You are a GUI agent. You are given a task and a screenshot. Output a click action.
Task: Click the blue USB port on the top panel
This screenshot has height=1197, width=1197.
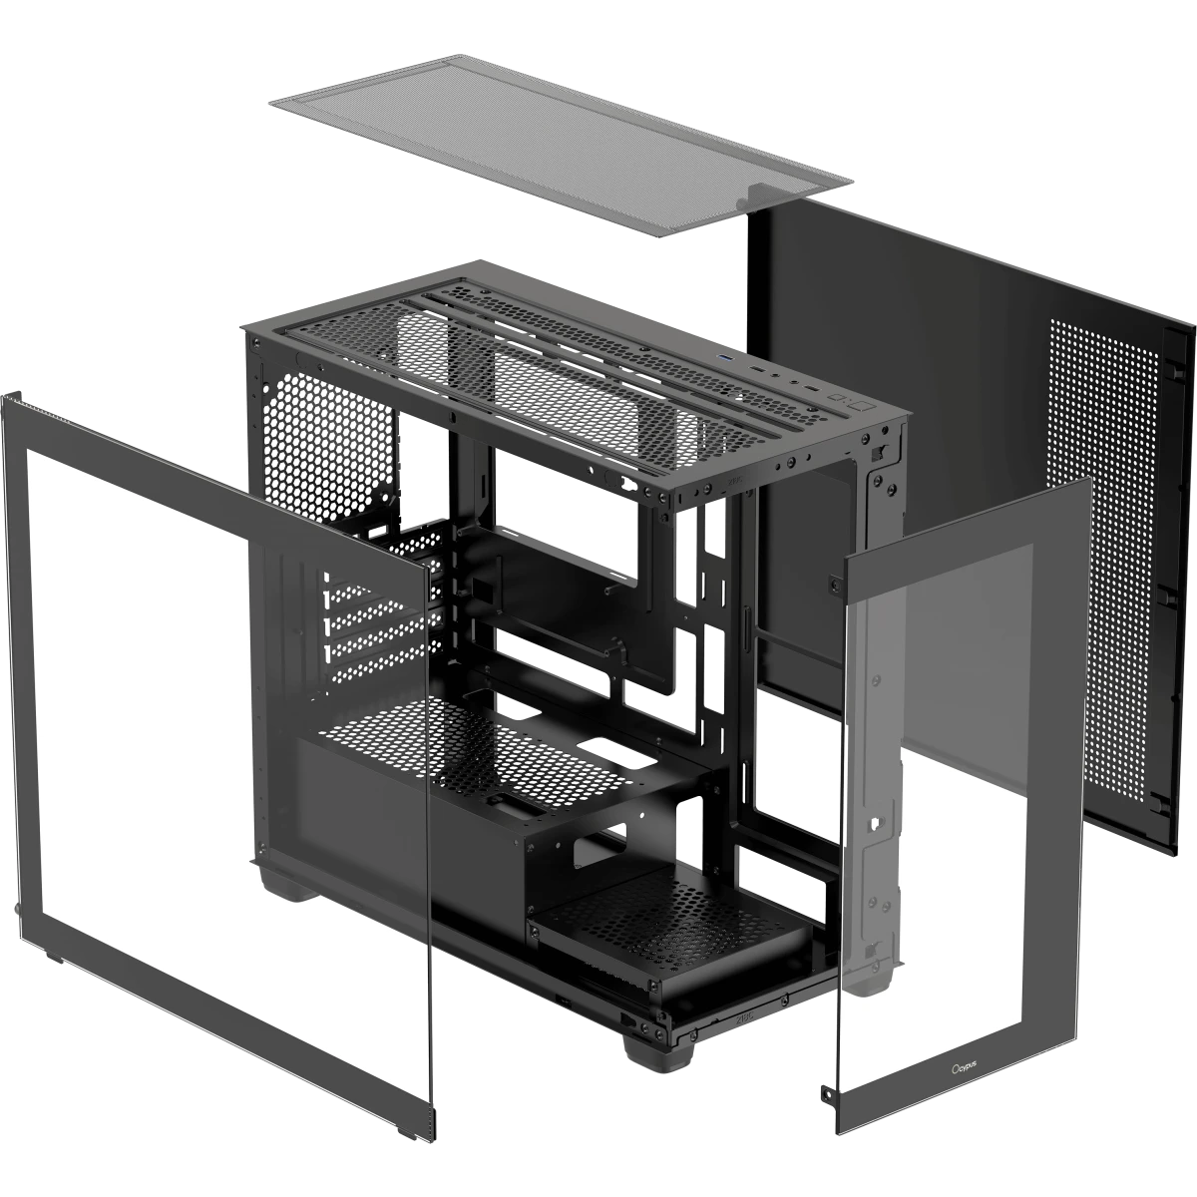[x=724, y=358]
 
